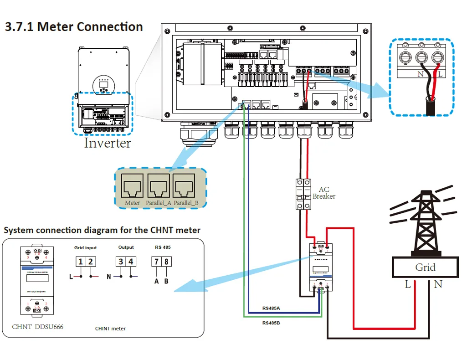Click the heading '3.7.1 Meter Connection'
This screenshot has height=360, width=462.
coord(74,26)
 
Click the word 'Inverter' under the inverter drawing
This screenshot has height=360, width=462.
coord(107,143)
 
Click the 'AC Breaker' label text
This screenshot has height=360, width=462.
coord(324,193)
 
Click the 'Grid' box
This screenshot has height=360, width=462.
coord(425,267)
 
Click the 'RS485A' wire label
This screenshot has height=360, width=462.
coord(271,309)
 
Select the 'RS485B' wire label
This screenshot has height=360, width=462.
coord(271,323)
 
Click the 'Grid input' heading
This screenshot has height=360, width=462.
coord(86,247)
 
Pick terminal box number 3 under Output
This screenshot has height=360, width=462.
coord(121,262)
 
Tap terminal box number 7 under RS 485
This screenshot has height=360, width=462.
coord(157,262)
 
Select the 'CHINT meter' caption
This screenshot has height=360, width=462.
coord(110,328)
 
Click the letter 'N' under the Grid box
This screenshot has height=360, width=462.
coord(438,284)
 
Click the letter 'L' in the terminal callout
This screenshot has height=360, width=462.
coord(440,74)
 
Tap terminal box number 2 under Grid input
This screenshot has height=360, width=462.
coord(91,262)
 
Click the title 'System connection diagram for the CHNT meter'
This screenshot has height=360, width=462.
coord(102,230)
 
